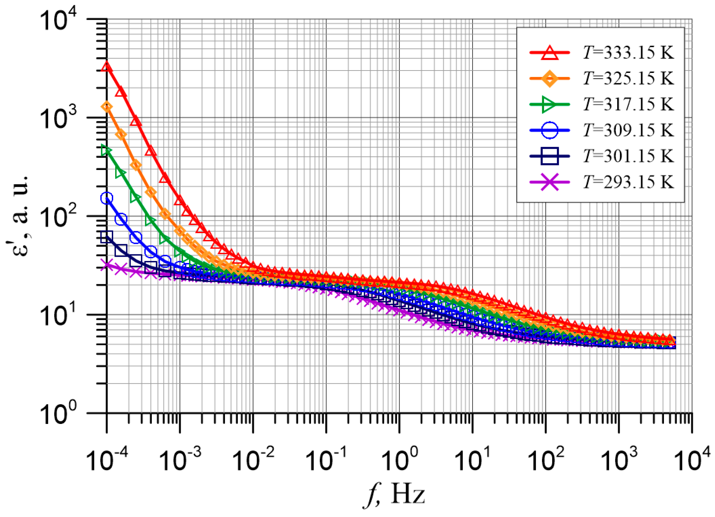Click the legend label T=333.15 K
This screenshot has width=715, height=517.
628,53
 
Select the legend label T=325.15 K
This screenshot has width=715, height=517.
628,79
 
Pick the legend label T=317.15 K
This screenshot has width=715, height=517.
628,104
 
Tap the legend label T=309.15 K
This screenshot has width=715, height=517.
628,130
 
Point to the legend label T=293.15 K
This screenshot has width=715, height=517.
628,182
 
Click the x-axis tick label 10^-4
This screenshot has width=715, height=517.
107,459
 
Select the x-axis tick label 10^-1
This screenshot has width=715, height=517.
326,459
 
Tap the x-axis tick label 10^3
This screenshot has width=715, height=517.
619,459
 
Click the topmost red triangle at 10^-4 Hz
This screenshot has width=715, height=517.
106,66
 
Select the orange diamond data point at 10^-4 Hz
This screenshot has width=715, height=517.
107,107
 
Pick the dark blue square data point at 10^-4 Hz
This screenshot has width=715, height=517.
106,237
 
